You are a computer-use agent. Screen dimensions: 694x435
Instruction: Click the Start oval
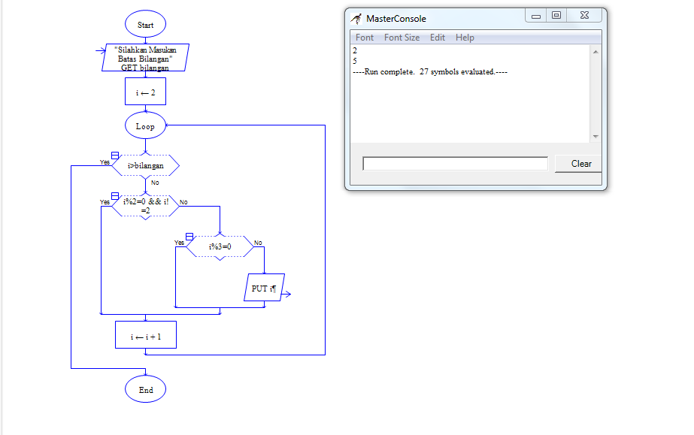145,24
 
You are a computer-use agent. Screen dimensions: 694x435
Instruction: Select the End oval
145,389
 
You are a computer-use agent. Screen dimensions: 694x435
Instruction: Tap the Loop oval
145,125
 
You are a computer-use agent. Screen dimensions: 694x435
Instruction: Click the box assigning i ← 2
145,92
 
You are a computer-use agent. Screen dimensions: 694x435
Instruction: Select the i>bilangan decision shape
146,165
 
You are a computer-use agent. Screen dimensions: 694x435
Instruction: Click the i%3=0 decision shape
220,246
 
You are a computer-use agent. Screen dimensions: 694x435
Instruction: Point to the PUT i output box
264,288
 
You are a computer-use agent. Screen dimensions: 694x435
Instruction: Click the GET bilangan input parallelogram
145,57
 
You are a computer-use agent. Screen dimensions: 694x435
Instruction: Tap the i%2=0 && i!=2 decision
146,206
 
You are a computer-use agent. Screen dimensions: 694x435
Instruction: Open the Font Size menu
402,38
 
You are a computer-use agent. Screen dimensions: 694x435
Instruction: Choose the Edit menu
438,38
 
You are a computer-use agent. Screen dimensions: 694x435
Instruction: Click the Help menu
465,38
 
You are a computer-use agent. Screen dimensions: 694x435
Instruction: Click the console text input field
455,164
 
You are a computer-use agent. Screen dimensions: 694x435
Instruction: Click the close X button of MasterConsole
585,15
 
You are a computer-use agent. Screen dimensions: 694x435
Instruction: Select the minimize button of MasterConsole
536,16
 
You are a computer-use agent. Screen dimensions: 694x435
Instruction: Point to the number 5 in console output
355,61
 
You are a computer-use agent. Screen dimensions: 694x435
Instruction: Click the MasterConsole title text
396,19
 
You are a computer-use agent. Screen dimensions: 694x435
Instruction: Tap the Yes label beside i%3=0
179,242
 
